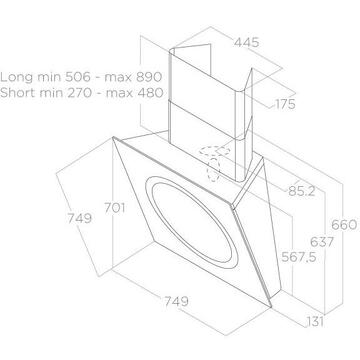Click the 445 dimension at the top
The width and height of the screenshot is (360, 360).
[246, 43]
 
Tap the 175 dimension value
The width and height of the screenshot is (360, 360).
[285, 104]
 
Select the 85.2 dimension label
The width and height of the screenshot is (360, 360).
[302, 191]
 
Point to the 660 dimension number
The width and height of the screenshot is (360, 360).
[344, 225]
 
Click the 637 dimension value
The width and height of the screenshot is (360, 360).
[322, 242]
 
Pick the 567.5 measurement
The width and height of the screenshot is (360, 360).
[299, 257]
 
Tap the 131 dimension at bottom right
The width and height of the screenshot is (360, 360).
[314, 322]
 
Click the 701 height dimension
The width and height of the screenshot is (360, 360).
[115, 208]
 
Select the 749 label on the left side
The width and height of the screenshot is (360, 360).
[79, 218]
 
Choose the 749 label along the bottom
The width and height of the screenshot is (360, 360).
[176, 301]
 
